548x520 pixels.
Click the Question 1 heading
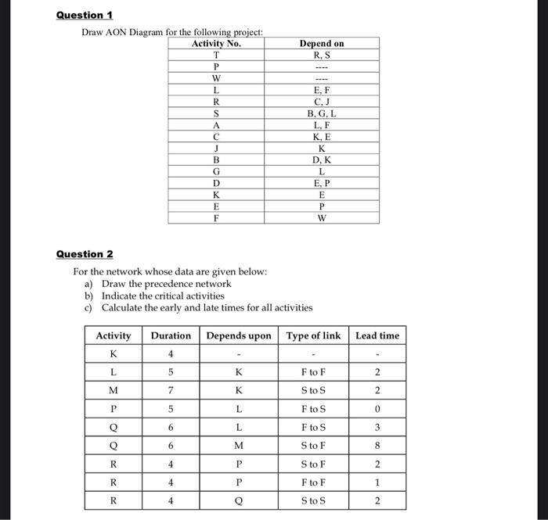(84, 15)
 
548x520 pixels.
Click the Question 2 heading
(84, 254)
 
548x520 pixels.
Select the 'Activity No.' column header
(215, 44)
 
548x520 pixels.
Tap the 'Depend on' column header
(321, 44)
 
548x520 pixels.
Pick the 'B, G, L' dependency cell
(321, 113)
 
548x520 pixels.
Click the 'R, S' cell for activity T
(321, 55)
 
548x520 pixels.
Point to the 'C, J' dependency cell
(321, 102)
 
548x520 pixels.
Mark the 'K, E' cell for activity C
(321, 137)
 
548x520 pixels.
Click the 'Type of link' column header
(313, 335)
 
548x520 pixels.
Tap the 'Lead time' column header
(377, 335)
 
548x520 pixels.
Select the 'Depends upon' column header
(239, 335)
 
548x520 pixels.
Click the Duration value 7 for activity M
(170, 390)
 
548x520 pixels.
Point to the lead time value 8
(377, 445)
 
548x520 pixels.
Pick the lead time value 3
(377, 427)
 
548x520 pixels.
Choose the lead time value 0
(377, 409)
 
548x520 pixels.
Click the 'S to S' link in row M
(313, 390)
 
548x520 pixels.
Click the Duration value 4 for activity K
(170, 353)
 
